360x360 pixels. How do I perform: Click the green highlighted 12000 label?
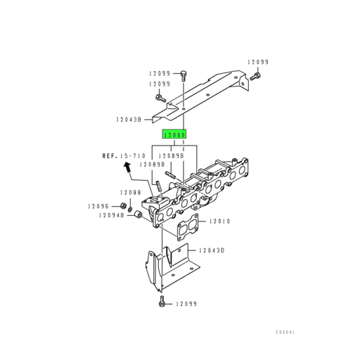(174, 134)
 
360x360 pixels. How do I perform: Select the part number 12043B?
(129, 120)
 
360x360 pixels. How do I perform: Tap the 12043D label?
(210, 250)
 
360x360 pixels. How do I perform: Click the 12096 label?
(99, 205)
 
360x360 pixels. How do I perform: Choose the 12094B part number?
(111, 216)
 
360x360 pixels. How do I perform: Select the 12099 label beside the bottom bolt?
(186, 304)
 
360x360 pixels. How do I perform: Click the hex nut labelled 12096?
(123, 205)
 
